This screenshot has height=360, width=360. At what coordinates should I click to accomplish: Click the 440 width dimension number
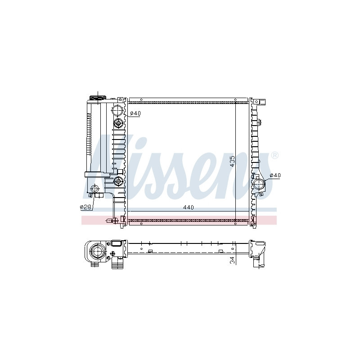[x=189, y=207]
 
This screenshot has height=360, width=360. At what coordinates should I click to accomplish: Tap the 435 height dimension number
[x=232, y=162]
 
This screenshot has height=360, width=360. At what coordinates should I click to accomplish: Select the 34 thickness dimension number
[x=232, y=260]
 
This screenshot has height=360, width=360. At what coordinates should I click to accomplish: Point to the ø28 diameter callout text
[x=85, y=207]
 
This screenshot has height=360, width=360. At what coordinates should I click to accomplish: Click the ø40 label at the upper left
[x=135, y=113]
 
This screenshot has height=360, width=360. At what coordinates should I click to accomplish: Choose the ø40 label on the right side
[x=275, y=175]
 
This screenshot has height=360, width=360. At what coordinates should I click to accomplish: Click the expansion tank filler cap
[x=98, y=98]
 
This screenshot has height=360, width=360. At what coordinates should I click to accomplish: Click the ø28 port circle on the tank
[x=94, y=189]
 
